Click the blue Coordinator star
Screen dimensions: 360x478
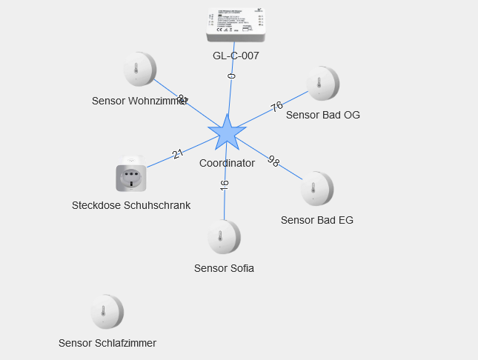pos(227,133)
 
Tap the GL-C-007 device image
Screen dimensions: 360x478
pos(236,24)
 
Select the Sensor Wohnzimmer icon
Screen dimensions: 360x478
pos(139,70)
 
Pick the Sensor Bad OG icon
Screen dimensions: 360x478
pos(323,84)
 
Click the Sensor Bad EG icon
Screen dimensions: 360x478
pos(317,189)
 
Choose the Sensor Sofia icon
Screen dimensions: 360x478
pos(224,237)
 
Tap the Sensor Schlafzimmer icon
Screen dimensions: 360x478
pos(107,312)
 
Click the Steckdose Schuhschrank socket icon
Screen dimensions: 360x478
pos(131,177)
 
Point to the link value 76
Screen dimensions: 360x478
pos(277,107)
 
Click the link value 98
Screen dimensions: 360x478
pos(273,161)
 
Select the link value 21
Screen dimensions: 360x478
pos(178,154)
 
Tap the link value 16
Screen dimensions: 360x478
pos(225,185)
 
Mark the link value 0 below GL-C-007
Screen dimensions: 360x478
pos(232,76)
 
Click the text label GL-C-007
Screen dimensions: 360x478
pos(236,56)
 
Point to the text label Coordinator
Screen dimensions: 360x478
pos(227,163)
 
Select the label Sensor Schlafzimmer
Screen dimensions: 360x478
pos(107,343)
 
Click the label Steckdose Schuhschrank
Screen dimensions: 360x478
pos(131,205)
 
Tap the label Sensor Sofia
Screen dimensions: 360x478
pos(224,268)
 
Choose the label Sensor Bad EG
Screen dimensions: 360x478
pos(317,220)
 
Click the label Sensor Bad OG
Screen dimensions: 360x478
pos(323,115)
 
